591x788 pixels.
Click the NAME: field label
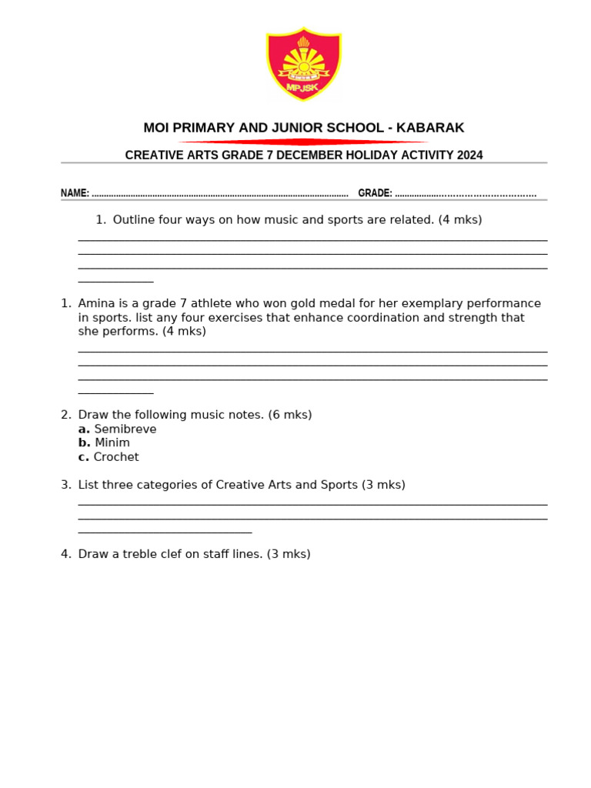(x=75, y=193)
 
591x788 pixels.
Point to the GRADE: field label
(x=375, y=193)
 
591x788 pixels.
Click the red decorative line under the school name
(x=303, y=142)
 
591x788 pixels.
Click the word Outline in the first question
(x=134, y=220)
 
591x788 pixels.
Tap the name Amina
(x=95, y=303)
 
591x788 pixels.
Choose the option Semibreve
(x=125, y=429)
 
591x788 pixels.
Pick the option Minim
(x=112, y=443)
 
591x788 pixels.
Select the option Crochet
(x=116, y=457)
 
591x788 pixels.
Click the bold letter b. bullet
(x=84, y=443)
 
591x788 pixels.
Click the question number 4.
(x=65, y=554)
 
